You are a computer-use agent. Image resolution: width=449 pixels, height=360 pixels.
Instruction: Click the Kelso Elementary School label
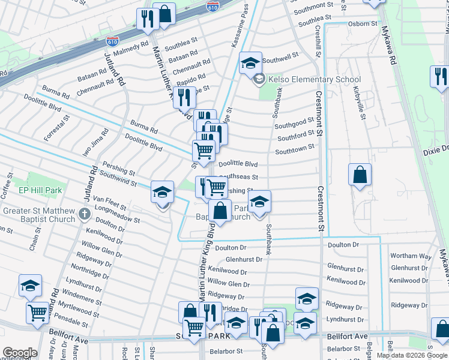tap(315, 79)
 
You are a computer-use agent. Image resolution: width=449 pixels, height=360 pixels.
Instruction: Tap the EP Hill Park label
tap(40, 190)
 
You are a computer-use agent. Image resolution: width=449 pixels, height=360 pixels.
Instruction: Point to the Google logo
tap(20, 353)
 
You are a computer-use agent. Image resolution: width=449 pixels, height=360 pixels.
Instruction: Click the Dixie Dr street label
tap(435, 148)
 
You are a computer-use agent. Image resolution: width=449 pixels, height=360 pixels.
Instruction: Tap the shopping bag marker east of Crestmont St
tap(360, 175)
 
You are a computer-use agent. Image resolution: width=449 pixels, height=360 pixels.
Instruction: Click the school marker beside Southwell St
tap(250, 62)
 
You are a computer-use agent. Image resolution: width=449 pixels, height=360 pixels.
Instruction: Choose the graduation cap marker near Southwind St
tap(162, 193)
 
